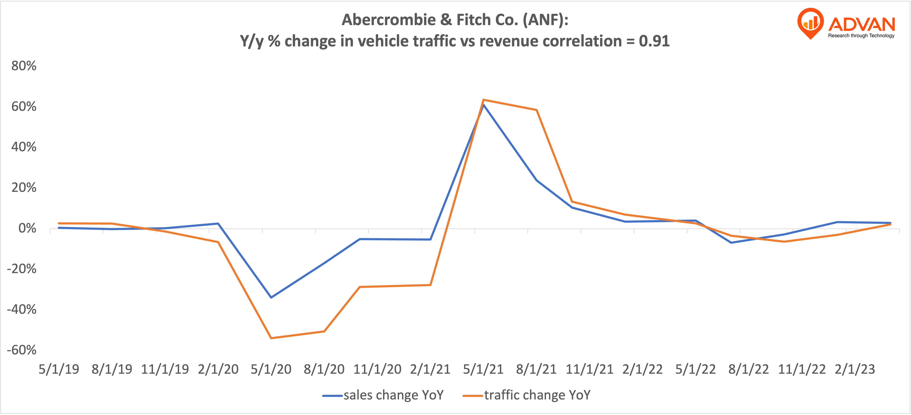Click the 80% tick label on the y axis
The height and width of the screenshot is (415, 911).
24,66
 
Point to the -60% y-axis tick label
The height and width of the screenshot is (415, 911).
22,350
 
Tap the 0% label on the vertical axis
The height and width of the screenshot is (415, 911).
27,228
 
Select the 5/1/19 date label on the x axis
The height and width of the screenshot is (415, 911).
59,369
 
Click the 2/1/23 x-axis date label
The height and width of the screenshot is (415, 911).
855,369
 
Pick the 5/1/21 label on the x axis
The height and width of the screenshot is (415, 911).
483,369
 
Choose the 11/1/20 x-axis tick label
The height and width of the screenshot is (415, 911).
377,369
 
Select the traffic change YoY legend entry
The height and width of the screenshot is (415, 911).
527,395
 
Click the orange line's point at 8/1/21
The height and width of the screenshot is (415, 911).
536,110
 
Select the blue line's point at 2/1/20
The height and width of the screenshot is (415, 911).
218,223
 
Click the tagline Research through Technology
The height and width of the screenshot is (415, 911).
861,36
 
